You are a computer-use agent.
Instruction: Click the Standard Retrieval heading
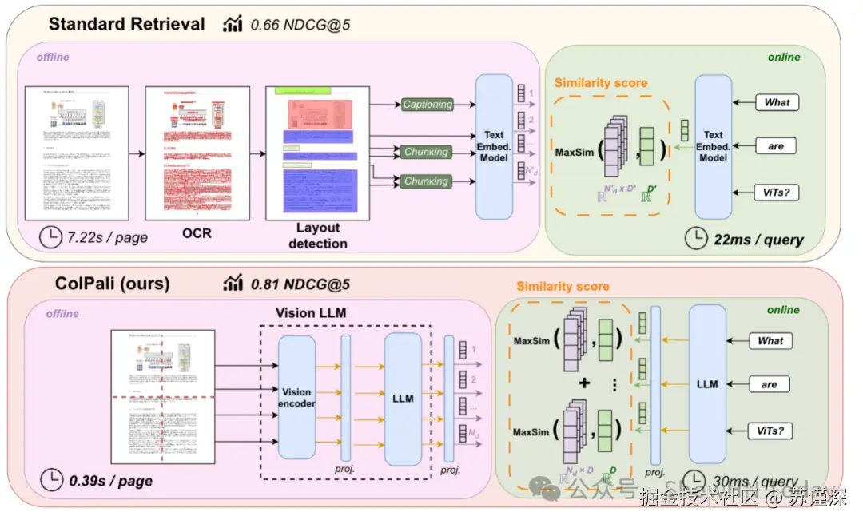pos(126,23)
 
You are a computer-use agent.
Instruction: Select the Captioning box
pos(427,104)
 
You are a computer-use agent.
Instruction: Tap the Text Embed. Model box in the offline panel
pos(494,146)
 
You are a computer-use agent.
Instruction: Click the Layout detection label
pos(317,236)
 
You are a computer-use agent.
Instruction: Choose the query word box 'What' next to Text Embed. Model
pos(776,102)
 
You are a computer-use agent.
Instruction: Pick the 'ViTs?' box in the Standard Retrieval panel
pos(776,192)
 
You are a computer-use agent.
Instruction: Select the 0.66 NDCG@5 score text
pos(300,25)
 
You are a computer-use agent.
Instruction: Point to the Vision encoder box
pos(296,398)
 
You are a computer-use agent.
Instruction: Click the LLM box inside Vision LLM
pos(403,398)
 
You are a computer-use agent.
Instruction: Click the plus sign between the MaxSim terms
pos(584,383)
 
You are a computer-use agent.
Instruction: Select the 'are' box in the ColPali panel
pos(769,384)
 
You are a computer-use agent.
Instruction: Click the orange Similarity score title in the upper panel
pos(600,82)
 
